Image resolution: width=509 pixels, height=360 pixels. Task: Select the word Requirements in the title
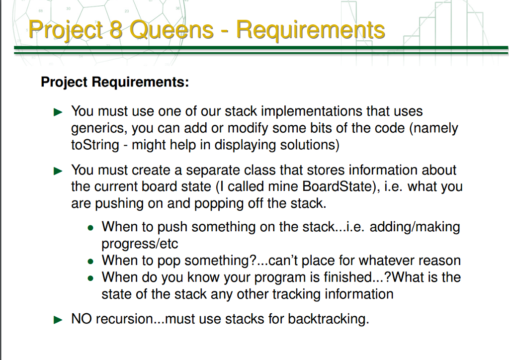point(310,30)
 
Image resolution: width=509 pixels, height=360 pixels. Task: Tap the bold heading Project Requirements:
point(115,82)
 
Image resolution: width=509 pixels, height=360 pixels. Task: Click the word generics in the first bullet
point(99,128)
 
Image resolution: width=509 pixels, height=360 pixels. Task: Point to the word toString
point(95,145)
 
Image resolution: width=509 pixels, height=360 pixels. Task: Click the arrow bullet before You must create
point(59,171)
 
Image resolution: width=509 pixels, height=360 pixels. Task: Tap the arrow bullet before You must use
point(59,112)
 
